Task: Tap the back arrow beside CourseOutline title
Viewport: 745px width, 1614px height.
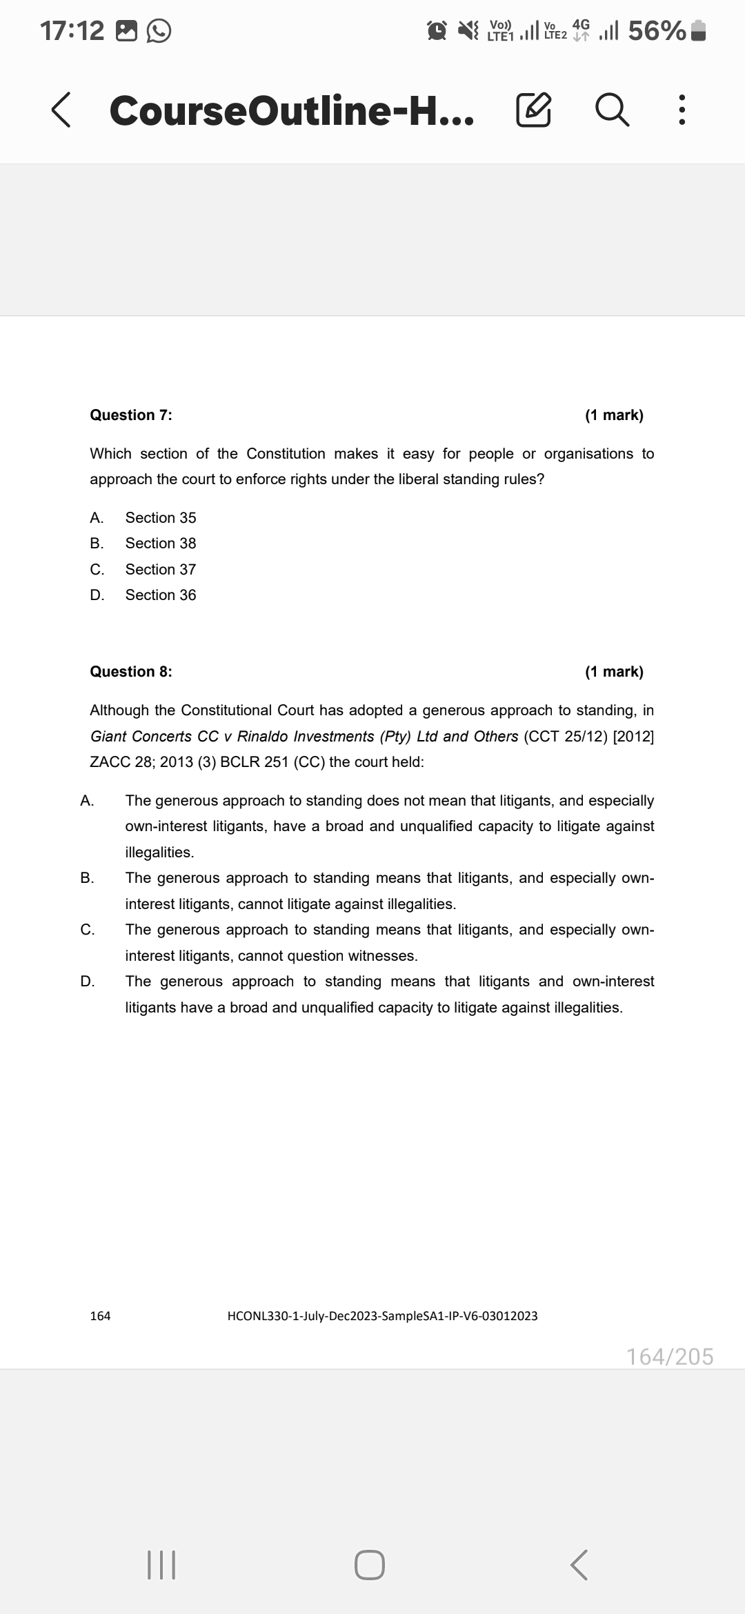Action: [x=61, y=111]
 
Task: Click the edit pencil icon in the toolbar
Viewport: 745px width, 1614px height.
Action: [x=533, y=111]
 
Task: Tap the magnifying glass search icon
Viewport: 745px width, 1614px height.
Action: [x=613, y=111]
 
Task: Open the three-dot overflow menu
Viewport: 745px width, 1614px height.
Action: [x=682, y=111]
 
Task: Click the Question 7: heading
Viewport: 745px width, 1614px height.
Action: [x=131, y=415]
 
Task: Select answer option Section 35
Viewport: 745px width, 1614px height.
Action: [x=160, y=517]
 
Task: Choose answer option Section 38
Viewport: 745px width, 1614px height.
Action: [x=160, y=544]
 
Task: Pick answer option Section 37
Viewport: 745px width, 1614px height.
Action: [x=160, y=570]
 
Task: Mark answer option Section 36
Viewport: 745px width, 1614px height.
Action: [x=160, y=595]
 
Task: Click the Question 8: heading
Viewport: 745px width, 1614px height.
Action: [x=131, y=672]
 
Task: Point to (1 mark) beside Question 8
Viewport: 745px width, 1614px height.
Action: [x=614, y=672]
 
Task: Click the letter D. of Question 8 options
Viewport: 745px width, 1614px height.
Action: [x=88, y=982]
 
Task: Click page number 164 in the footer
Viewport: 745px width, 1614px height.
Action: [x=100, y=1316]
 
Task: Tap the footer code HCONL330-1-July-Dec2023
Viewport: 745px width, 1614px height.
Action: [x=382, y=1316]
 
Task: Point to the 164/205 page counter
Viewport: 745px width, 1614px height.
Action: [x=670, y=1357]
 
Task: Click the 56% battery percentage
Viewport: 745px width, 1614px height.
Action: [x=657, y=31]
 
